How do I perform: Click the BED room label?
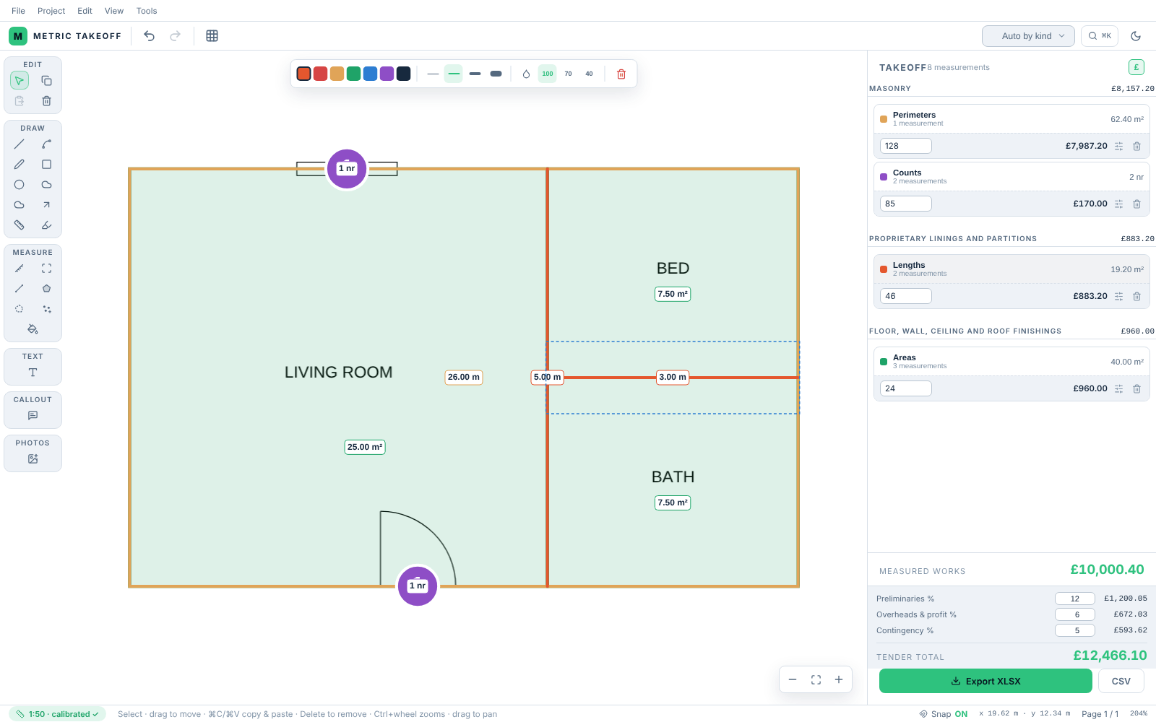[x=673, y=268]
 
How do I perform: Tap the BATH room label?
[x=673, y=477]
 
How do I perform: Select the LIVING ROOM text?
[x=339, y=373]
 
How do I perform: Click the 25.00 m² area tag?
[x=365, y=447]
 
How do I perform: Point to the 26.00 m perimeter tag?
[x=463, y=377]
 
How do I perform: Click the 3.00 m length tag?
[x=673, y=377]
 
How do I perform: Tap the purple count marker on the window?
[x=347, y=169]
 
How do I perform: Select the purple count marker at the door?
[x=418, y=586]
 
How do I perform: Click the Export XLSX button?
[x=985, y=682]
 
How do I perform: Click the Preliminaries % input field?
[x=1074, y=599]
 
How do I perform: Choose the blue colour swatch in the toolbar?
[x=370, y=74]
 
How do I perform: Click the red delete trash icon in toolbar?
[x=621, y=74]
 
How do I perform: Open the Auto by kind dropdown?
[x=1028, y=36]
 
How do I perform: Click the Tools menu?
[x=147, y=11]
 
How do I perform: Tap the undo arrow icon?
[x=149, y=36]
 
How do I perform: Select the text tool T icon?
[x=33, y=373]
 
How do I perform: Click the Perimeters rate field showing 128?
[x=906, y=146]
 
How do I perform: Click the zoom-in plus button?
[x=839, y=679]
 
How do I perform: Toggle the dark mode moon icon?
[x=1135, y=36]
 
